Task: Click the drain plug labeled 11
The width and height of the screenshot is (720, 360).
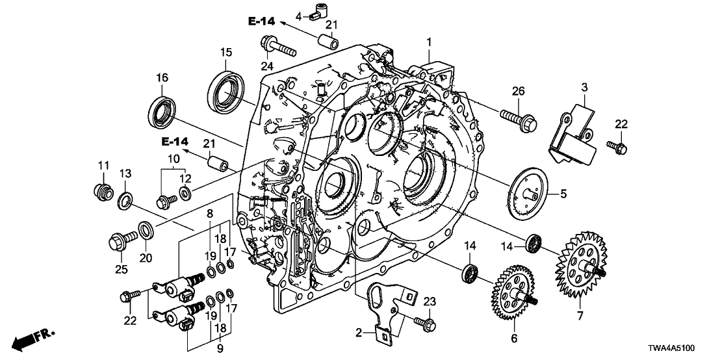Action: coord(101,192)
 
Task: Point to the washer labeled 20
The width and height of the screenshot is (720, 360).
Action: coord(145,230)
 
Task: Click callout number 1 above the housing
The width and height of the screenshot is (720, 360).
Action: coord(428,42)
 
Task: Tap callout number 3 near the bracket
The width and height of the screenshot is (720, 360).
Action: coord(584,87)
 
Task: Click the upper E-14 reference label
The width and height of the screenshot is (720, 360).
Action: coord(263,22)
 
